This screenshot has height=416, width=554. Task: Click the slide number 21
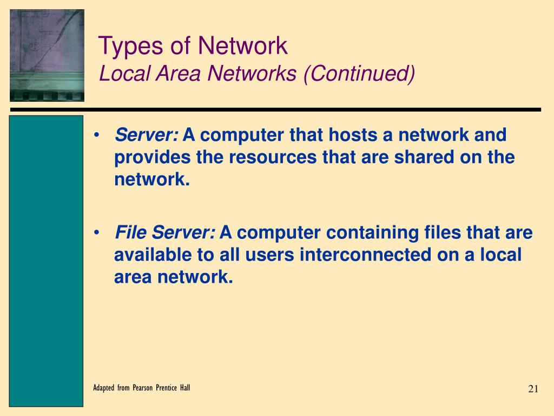(533, 389)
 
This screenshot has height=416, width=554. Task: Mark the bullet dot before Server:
(96, 135)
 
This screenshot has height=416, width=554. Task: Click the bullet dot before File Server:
(96, 233)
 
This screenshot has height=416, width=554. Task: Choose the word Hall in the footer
(184, 388)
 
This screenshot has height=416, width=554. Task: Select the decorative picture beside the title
(47, 55)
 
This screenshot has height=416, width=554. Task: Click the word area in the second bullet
(133, 277)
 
